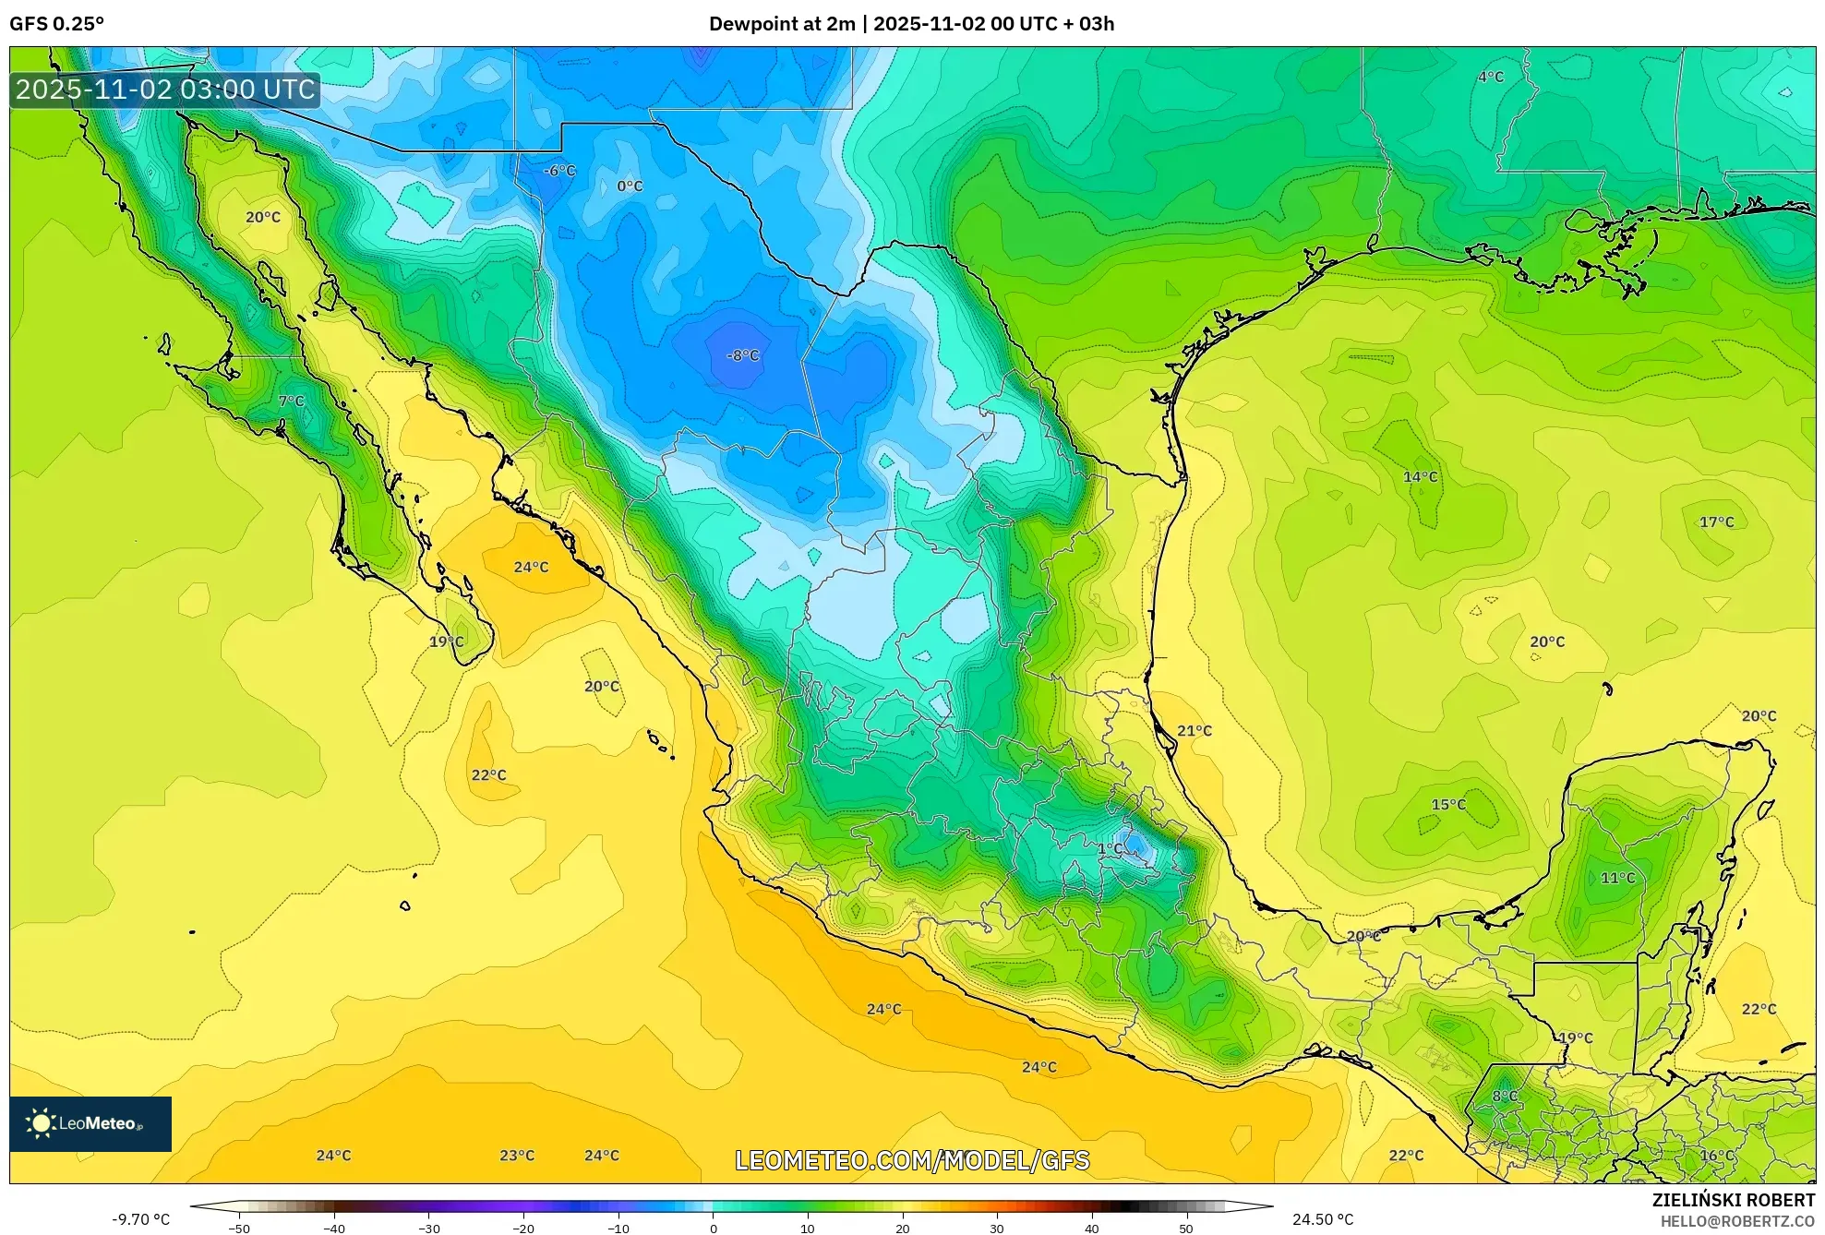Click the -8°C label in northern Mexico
click(x=743, y=355)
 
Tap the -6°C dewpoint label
click(x=559, y=171)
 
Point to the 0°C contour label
click(x=630, y=186)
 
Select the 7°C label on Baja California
click(x=292, y=401)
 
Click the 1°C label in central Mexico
click(x=1110, y=848)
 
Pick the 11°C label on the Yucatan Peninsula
click(x=1617, y=878)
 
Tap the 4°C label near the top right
click(x=1491, y=77)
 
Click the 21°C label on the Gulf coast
click(x=1195, y=731)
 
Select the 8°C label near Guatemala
click(x=1506, y=1096)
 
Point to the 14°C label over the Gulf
click(x=1421, y=477)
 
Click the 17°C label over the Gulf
click(x=1717, y=522)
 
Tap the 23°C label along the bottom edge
click(x=517, y=1156)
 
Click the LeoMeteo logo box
click(x=90, y=1123)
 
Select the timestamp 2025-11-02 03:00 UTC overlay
click(x=165, y=90)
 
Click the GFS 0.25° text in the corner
click(x=57, y=24)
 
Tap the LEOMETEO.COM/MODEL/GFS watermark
click(x=912, y=1160)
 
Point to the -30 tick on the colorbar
click(x=429, y=1229)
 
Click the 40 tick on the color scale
click(x=1092, y=1229)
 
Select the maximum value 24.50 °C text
click(x=1323, y=1219)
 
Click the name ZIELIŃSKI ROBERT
click(x=1734, y=1200)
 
